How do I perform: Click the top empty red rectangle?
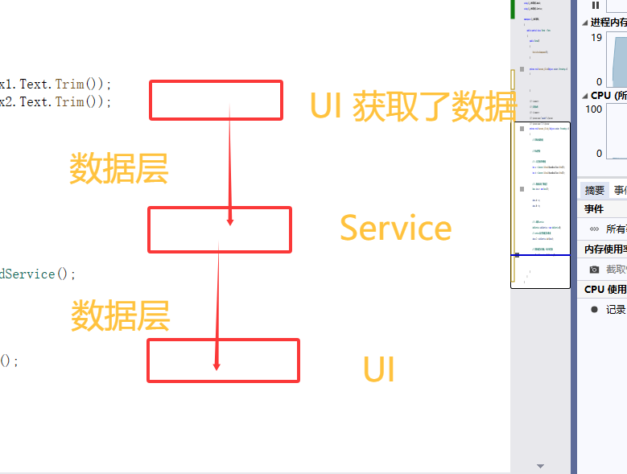(216, 100)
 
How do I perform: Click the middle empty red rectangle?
(219, 229)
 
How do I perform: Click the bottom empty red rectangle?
(223, 361)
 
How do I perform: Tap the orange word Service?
(395, 229)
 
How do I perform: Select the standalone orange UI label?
(378, 370)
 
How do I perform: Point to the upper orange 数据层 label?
(118, 169)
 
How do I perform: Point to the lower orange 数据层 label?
(120, 315)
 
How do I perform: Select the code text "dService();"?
(38, 274)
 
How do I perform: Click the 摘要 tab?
(595, 190)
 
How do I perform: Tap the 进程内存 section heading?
(608, 23)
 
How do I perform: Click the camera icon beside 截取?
(594, 270)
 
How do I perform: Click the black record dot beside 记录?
(594, 309)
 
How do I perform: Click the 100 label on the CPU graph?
(593, 109)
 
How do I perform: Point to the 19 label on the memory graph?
(596, 37)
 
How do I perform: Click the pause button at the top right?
(596, 5)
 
